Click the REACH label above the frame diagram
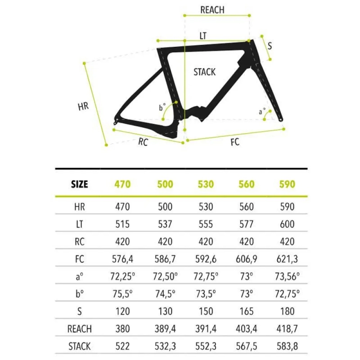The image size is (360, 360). (212, 10)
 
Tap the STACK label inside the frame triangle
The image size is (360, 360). (205, 72)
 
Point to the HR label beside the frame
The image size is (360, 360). (83, 107)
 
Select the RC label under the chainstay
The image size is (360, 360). (143, 142)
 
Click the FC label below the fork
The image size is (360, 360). (235, 142)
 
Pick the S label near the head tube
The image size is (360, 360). (270, 46)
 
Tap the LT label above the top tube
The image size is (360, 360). (203, 36)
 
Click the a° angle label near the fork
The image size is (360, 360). (262, 111)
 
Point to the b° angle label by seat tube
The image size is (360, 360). (162, 107)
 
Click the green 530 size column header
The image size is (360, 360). (206, 184)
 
